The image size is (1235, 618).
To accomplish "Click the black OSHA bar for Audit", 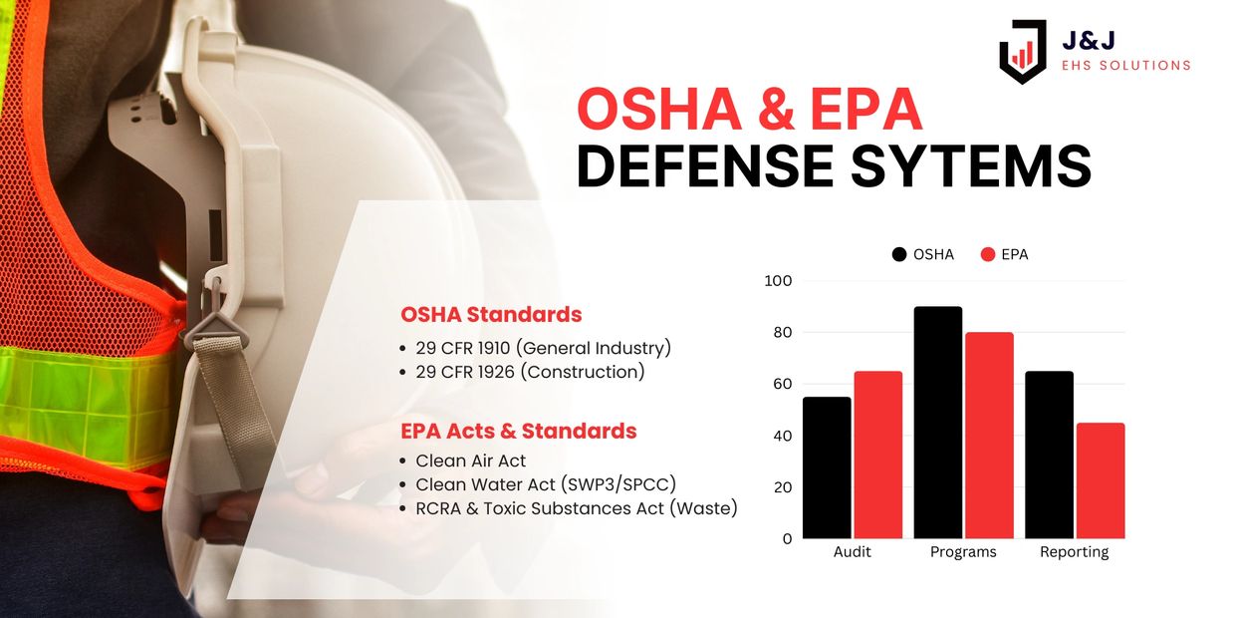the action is [827, 467].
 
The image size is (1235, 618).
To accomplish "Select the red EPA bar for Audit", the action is [878, 455].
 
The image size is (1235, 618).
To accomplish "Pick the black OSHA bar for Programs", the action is [938, 422].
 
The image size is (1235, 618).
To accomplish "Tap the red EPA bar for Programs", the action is [990, 436].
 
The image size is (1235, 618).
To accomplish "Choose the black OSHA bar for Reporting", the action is [1049, 455].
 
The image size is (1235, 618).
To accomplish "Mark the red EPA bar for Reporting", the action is [1101, 480].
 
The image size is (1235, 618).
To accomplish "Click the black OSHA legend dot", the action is [899, 254].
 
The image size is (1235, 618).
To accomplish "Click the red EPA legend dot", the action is [988, 254].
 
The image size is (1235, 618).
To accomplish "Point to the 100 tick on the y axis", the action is [778, 281].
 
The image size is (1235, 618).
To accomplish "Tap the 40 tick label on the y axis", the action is [783, 436].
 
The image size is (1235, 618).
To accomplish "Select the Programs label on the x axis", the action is [963, 552].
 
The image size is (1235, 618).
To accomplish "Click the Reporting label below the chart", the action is [1074, 552].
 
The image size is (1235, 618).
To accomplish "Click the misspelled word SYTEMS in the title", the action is [970, 165].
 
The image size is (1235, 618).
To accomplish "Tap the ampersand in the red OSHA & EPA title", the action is [776, 110].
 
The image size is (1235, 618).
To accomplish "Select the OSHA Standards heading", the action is [491, 315].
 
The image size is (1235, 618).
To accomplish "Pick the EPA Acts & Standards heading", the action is [519, 431].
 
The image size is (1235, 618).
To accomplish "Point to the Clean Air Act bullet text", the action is [471, 461].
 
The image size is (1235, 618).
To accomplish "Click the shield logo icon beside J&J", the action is [1023, 51].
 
